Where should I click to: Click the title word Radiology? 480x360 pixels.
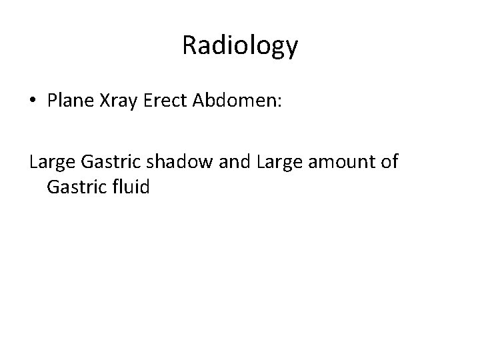click(239, 46)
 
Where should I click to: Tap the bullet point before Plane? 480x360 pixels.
click(33, 102)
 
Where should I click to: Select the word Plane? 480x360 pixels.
click(68, 101)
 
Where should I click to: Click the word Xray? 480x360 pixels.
click(115, 101)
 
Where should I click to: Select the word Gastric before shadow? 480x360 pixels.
click(108, 161)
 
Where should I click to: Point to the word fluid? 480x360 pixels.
click(130, 187)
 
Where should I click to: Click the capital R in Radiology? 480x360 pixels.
click(189, 45)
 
